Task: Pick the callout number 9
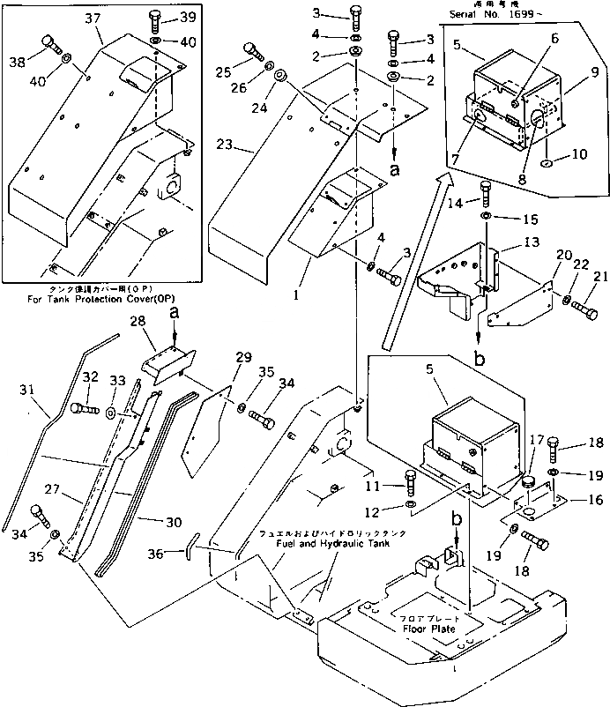(x=596, y=71)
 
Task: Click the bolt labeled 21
(x=584, y=309)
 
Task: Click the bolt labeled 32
(x=79, y=408)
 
